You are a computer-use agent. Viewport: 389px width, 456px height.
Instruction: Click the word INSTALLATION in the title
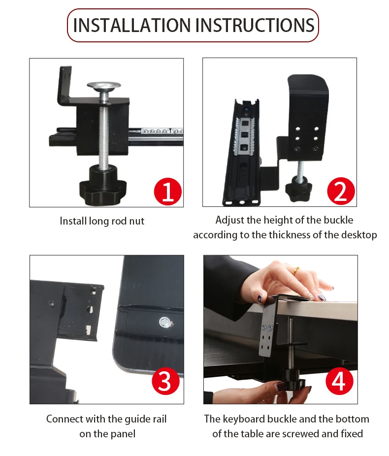pos(131,25)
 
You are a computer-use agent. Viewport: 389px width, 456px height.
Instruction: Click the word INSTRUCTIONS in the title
pos(255,25)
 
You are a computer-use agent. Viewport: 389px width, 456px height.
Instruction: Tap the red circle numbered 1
pos(168,192)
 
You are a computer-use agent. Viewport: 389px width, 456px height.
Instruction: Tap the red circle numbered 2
pos(341,191)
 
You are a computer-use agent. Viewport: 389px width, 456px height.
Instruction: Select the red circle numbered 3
pos(166,381)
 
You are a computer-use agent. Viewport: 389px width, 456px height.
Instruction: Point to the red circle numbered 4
pos(339,381)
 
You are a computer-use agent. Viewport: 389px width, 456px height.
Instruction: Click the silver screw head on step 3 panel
pos(164,322)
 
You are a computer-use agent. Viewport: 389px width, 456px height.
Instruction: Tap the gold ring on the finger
pos(295,270)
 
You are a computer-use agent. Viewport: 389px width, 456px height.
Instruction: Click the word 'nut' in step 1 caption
pos(137,221)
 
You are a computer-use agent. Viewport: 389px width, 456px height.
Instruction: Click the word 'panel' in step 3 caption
pos(122,434)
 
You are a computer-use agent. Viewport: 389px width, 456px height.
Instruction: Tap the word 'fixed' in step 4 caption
pos(352,434)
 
